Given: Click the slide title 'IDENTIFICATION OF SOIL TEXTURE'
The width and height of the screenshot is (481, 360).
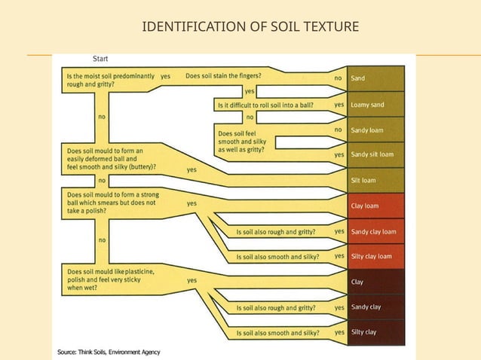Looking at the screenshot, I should (240, 28).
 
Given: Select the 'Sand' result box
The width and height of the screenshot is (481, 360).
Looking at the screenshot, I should (375, 78).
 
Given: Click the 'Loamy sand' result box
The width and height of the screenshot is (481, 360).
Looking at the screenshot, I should (375, 105).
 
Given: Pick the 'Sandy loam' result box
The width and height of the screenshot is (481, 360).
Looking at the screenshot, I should (375, 130).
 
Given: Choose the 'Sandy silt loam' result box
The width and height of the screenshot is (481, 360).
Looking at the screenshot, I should (375, 154).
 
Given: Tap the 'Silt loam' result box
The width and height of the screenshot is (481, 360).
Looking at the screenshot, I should (375, 180).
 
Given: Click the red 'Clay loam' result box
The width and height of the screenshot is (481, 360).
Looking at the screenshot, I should (375, 205).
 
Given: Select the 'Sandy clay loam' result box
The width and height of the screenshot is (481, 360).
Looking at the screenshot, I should (375, 231).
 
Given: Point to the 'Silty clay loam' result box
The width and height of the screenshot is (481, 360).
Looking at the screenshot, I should (375, 256).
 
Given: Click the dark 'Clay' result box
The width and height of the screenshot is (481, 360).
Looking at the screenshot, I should (375, 282).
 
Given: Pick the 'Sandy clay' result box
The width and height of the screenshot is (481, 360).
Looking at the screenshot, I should (375, 307).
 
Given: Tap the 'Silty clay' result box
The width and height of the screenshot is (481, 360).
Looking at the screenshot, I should (375, 331).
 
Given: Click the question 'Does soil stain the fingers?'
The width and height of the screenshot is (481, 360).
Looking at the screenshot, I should (224, 76).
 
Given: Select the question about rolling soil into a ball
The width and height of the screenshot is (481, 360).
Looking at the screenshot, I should (266, 105).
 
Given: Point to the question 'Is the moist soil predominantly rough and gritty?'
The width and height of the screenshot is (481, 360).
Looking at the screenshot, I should (111, 81).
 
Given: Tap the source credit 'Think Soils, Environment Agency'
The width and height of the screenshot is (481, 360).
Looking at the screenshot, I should (109, 352).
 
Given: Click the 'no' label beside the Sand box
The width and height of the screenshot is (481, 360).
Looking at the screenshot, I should (338, 78).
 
